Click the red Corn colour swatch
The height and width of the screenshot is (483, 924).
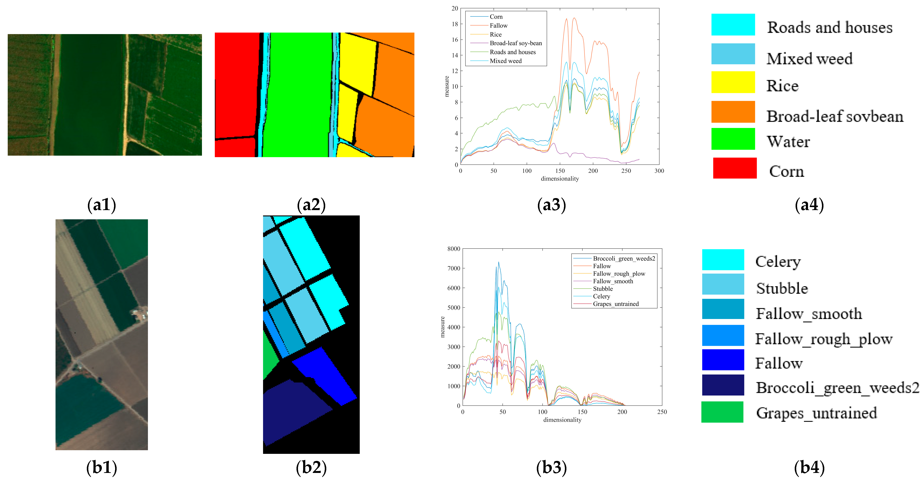735,168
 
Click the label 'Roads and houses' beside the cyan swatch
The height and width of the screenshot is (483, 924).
829,28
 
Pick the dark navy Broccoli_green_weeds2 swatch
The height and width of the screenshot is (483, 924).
723,385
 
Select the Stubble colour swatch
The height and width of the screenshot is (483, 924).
723,284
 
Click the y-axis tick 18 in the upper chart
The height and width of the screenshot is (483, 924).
455,24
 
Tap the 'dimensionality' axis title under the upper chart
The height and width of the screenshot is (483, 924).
560,179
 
